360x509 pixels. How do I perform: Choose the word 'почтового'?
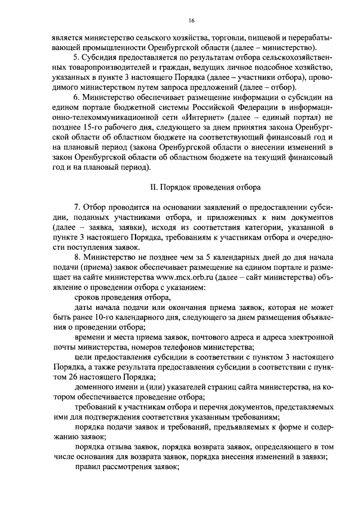pyautogui.click(x=198, y=334)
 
